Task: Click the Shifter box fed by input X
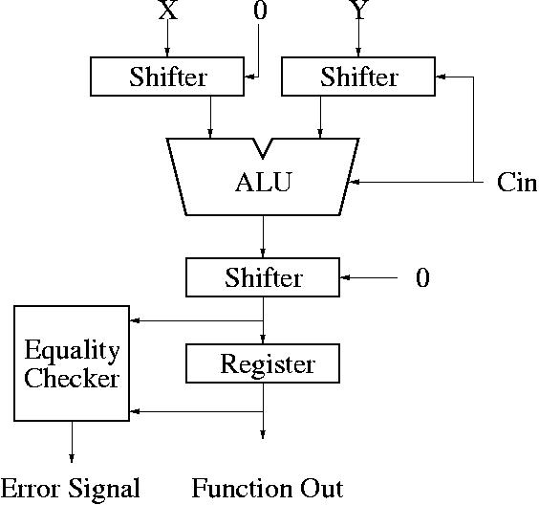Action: pos(167,77)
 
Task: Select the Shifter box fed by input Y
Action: pos(358,77)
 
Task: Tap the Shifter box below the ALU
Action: pos(263,277)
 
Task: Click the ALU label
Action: pos(264,182)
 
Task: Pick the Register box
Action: pos(263,363)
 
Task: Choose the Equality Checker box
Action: pos(72,362)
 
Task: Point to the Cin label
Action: pos(516,182)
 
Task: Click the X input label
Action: pos(168,10)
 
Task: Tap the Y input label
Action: pos(359,10)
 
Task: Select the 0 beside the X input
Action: pos(260,10)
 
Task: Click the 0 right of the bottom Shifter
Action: pos(422,277)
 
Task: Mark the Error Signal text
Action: pos(70,488)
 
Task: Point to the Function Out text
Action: pos(268,488)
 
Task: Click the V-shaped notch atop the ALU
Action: pos(263,148)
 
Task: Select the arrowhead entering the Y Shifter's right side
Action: pos(441,77)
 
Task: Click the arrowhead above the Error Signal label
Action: pos(72,458)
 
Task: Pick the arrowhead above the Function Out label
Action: pos(263,434)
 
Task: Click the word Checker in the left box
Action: pos(72,378)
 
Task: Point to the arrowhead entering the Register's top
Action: pos(263,339)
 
